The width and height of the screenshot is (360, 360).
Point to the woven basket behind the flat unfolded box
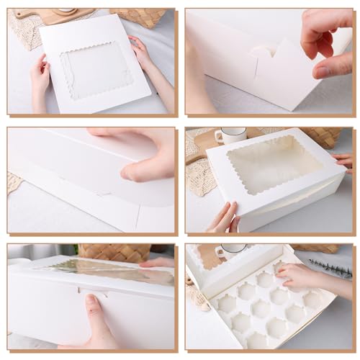(137, 16)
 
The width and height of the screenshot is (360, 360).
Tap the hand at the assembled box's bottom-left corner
(223, 218)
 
